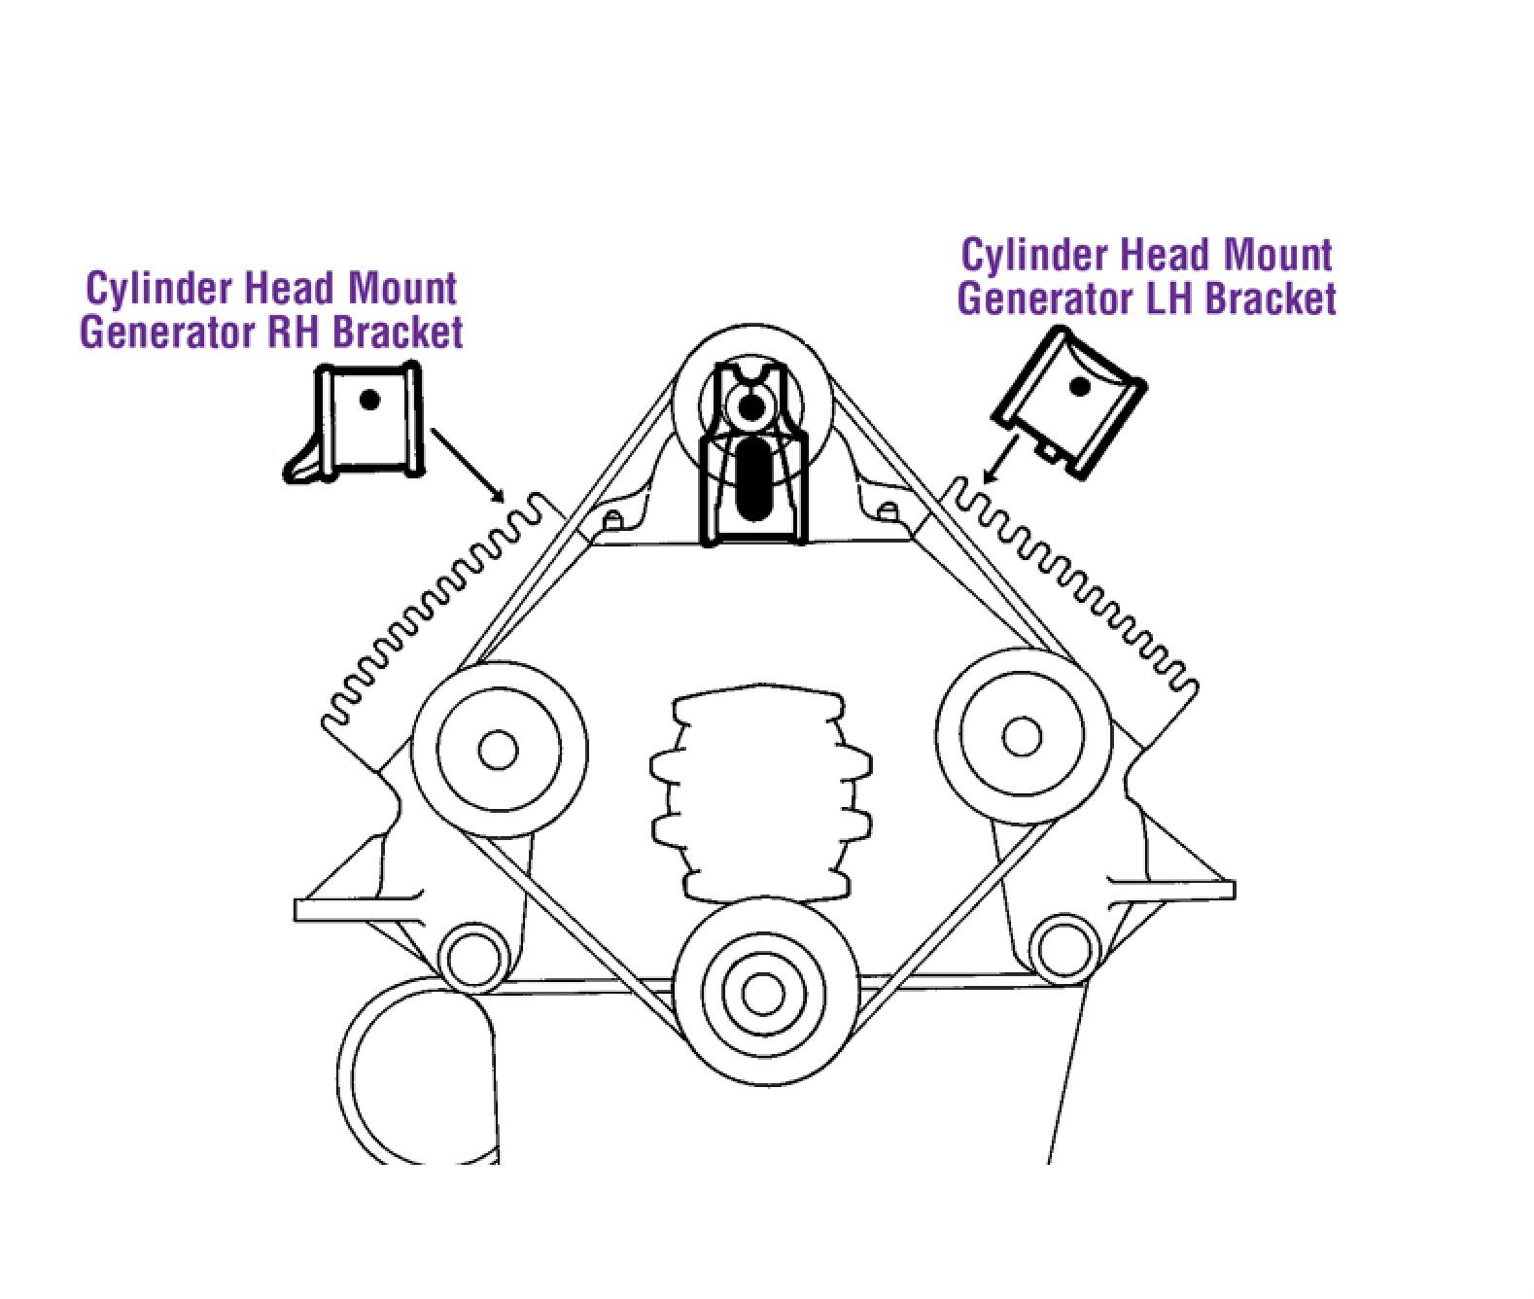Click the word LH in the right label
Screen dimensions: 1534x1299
click(x=1165, y=298)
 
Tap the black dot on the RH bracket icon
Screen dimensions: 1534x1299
click(x=369, y=401)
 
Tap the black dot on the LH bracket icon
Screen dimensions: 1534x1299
click(x=1079, y=386)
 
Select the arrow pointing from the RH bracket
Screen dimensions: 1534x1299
click(x=468, y=465)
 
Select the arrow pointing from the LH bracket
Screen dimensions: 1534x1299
click(x=1000, y=460)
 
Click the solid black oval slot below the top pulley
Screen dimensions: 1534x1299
click(x=753, y=476)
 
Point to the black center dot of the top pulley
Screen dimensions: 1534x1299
click(x=752, y=405)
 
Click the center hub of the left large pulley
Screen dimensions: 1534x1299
click(x=498, y=750)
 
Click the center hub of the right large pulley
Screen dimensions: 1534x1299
click(x=1022, y=736)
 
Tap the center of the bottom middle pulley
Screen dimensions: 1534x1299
click(x=763, y=995)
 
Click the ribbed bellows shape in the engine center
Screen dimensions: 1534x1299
click(x=760, y=798)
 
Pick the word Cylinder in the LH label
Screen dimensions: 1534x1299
click(x=1037, y=256)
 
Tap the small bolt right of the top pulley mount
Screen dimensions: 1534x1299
click(x=887, y=511)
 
